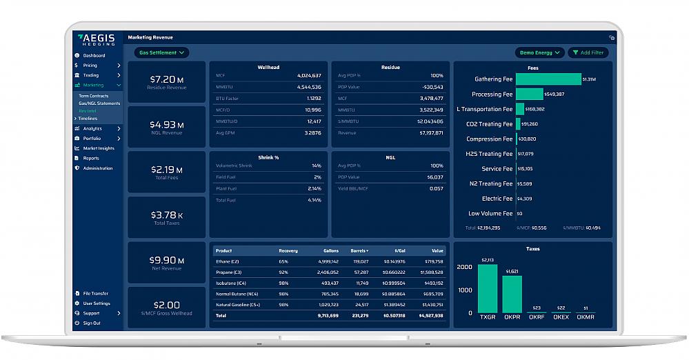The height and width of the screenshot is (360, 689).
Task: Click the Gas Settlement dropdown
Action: pos(161,52)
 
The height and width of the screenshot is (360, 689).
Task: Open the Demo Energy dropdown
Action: pos(539,52)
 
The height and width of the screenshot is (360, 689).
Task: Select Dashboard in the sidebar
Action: pos(94,55)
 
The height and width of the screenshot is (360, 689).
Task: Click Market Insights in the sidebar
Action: pos(99,148)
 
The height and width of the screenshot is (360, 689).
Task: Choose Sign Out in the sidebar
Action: pos(92,323)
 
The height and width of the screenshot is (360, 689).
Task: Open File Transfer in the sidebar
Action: pos(95,294)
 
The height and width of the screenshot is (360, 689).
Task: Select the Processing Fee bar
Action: pos(529,94)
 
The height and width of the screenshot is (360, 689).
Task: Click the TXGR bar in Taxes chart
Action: pos(487,288)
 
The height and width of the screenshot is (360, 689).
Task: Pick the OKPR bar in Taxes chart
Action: pos(512,294)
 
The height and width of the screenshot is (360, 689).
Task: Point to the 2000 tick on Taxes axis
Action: pos(464,267)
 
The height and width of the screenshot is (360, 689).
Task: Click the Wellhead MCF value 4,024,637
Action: pos(308,75)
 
